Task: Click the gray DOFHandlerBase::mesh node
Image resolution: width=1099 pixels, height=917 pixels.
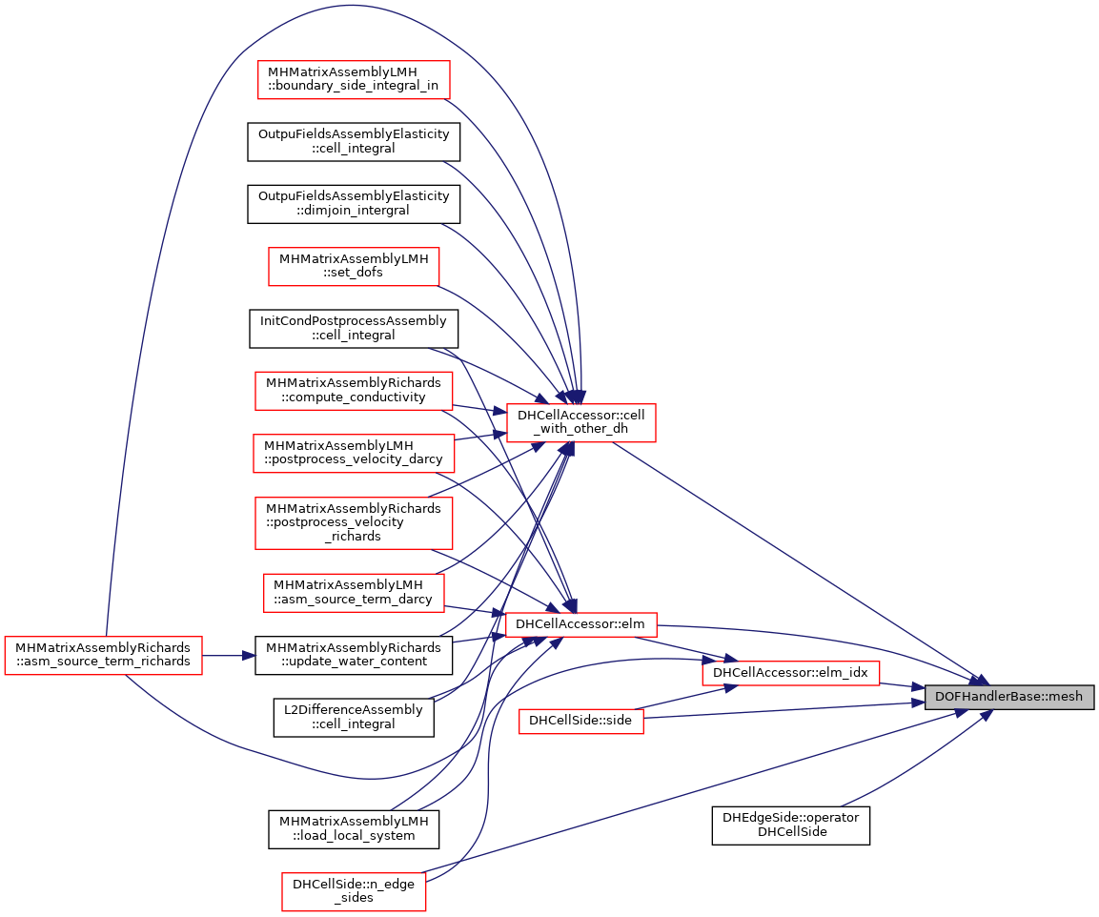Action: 1008,696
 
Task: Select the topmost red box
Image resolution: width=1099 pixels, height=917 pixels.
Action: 354,80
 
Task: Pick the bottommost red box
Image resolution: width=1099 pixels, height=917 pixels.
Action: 354,892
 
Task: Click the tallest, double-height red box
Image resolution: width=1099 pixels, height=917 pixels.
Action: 354,523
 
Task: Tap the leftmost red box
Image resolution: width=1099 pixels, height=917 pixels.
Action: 103,656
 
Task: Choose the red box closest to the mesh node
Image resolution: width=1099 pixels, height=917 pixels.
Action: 790,673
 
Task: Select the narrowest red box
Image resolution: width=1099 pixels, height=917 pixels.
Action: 581,722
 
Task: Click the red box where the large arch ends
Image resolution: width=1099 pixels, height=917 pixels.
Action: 581,423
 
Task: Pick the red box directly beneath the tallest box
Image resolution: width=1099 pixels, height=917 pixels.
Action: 354,593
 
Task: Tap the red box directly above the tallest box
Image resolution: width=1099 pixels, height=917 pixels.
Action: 354,453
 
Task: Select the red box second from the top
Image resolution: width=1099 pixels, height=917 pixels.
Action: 354,267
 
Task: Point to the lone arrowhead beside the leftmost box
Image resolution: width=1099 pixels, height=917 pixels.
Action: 249,656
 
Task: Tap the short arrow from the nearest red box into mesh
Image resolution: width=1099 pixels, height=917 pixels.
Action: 902,684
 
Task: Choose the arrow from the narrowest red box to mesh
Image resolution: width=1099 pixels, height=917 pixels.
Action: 782,710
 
